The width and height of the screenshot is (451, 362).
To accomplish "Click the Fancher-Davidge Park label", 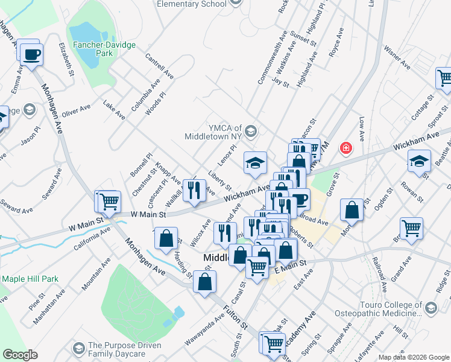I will coord(104,49).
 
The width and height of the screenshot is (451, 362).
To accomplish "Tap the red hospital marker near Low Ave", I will coord(346,147).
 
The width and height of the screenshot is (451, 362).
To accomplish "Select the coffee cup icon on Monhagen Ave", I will coord(31,54).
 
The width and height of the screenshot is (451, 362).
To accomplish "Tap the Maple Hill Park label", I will coord(30,279).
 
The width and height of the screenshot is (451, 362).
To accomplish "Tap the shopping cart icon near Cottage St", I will coord(444,78).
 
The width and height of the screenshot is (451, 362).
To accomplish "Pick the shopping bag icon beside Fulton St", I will coord(205,281).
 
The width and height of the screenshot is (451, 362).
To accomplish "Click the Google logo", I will coord(20,355).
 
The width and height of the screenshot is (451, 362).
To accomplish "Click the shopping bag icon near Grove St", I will coord(352,209).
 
